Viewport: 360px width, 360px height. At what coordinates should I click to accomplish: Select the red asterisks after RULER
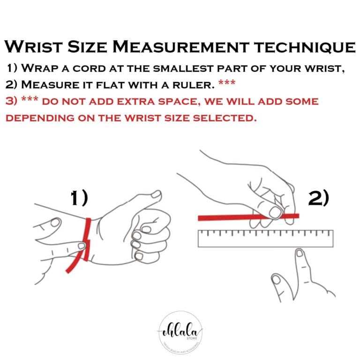pos(227,85)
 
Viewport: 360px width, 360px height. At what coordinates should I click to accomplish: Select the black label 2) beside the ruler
pos(318,198)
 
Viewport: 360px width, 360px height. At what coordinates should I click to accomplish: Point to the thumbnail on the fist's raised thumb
pos(157,194)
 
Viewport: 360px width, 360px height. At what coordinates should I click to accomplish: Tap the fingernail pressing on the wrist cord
pos(55,221)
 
